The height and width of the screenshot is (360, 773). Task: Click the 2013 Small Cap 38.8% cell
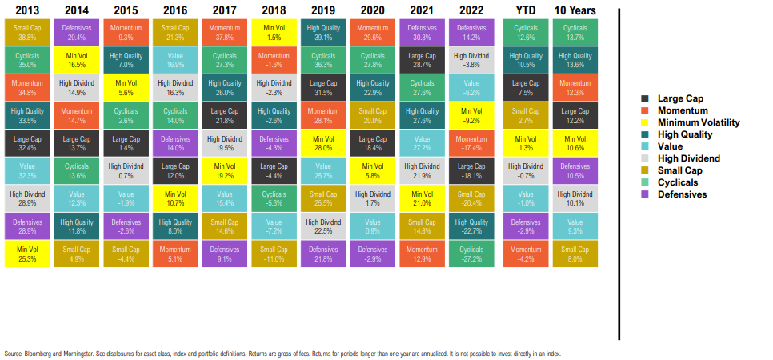click(27, 32)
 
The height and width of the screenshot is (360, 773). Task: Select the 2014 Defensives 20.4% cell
click(77, 32)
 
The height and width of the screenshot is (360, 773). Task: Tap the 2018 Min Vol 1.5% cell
click(274, 32)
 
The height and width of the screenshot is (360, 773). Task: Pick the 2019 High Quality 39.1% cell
click(322, 32)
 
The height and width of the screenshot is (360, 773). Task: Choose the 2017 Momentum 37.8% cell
click(224, 32)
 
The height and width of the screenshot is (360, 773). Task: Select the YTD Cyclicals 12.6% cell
click(525, 32)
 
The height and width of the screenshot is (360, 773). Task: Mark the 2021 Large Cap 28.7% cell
click(421, 60)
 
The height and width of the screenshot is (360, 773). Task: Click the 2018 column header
click(274, 10)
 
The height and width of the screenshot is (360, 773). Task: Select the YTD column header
click(525, 10)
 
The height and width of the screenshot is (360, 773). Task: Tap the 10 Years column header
click(574, 10)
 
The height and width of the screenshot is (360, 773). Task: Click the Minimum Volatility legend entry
click(698, 122)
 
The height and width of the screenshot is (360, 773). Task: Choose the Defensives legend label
click(682, 194)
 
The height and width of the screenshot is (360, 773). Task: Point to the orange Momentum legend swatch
click(644, 110)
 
